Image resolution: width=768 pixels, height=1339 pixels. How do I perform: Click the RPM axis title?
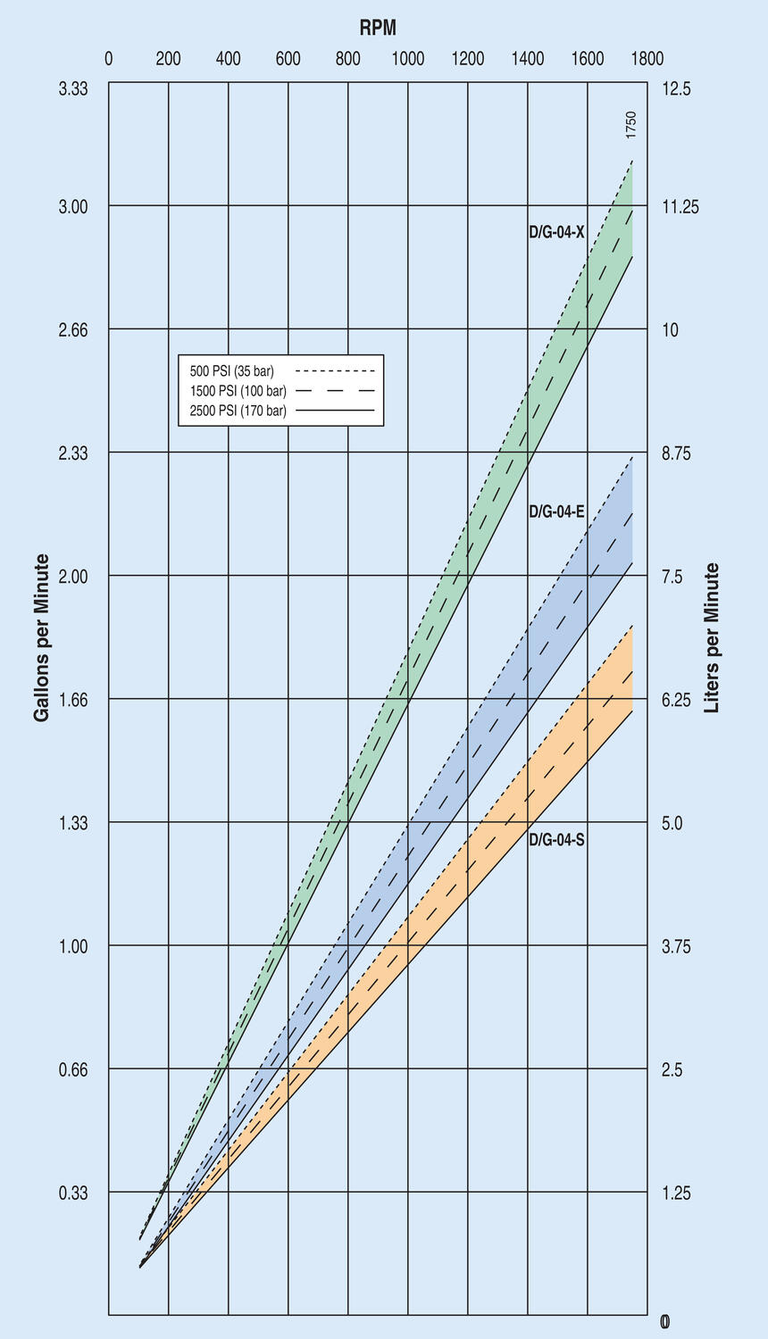point(378,28)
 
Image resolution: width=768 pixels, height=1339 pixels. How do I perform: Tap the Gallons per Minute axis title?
point(42,637)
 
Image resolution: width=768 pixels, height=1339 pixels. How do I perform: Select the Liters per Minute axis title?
point(712,637)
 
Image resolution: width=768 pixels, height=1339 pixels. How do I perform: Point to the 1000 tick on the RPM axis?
point(407,59)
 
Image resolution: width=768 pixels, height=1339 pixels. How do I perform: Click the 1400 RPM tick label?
point(527,59)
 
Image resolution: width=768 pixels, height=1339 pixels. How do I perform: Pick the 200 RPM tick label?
point(168,59)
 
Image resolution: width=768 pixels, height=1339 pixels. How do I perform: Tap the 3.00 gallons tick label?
point(74,206)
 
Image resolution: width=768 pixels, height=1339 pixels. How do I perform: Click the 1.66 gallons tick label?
point(74,699)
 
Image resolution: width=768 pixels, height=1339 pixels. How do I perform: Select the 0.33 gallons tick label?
point(74,1193)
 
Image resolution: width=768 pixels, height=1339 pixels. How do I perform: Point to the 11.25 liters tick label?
point(680,207)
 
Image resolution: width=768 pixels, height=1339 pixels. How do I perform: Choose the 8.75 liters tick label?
point(676,453)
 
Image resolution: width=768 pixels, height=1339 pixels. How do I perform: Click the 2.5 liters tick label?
point(672,1069)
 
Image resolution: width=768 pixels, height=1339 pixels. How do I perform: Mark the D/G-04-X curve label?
point(556,232)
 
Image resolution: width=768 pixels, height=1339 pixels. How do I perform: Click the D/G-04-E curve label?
point(556,511)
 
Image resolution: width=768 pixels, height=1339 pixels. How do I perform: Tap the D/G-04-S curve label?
point(556,839)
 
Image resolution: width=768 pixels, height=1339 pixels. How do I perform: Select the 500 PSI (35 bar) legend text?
point(232,370)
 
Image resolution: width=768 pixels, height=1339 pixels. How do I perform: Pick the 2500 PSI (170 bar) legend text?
point(238,411)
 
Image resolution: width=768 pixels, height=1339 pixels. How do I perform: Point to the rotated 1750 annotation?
point(631,124)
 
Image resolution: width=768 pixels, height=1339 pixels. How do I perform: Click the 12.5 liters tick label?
point(676,88)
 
